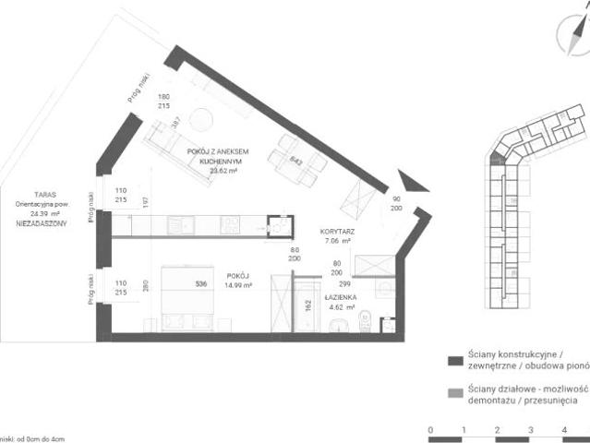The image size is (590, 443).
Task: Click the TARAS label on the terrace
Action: click(x=42, y=195)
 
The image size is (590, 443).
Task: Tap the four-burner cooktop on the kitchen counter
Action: click(x=231, y=223)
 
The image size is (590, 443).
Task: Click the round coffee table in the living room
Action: click(x=200, y=120)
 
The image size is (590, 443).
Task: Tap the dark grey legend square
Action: click(x=453, y=359)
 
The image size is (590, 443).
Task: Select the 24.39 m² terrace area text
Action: click(x=44, y=213)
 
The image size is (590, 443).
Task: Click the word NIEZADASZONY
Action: click(x=42, y=223)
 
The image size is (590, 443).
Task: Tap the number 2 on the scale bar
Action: click(x=497, y=430)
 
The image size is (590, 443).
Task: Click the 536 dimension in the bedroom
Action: click(x=199, y=284)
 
